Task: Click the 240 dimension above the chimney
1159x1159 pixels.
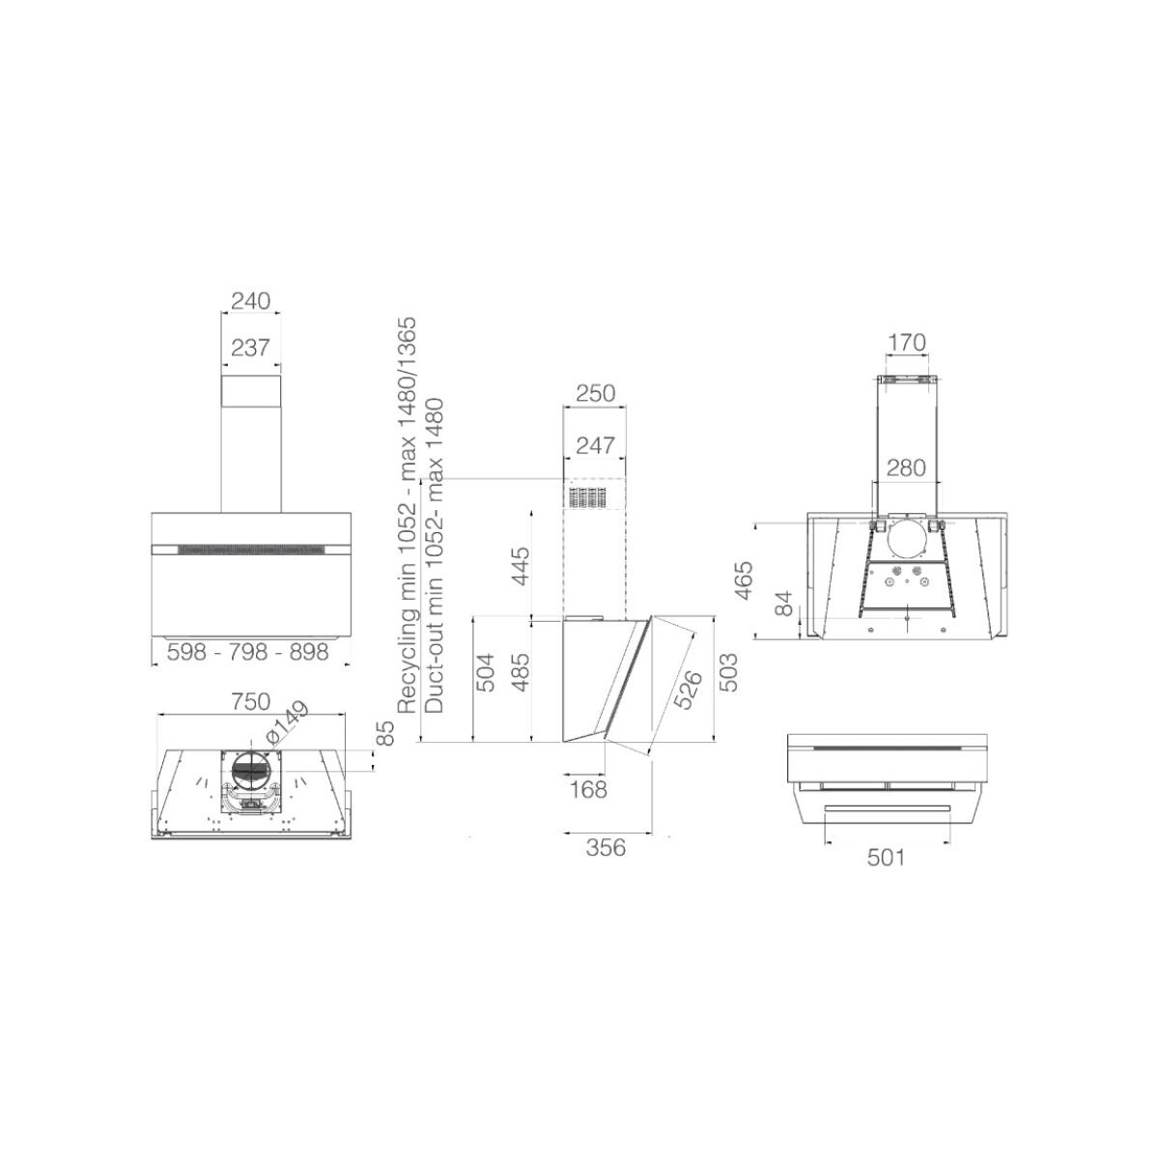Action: [x=251, y=300]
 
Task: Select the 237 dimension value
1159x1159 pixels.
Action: [x=251, y=348]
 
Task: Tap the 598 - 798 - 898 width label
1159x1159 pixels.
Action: [x=248, y=652]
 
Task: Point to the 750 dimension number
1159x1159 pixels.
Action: [x=250, y=701]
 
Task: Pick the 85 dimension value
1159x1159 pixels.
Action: [x=385, y=733]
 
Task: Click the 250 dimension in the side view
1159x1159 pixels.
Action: [x=596, y=393]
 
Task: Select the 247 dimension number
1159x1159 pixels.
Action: [x=596, y=445]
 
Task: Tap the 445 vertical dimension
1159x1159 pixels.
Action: [x=521, y=565]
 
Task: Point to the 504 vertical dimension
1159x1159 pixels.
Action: [x=485, y=672]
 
